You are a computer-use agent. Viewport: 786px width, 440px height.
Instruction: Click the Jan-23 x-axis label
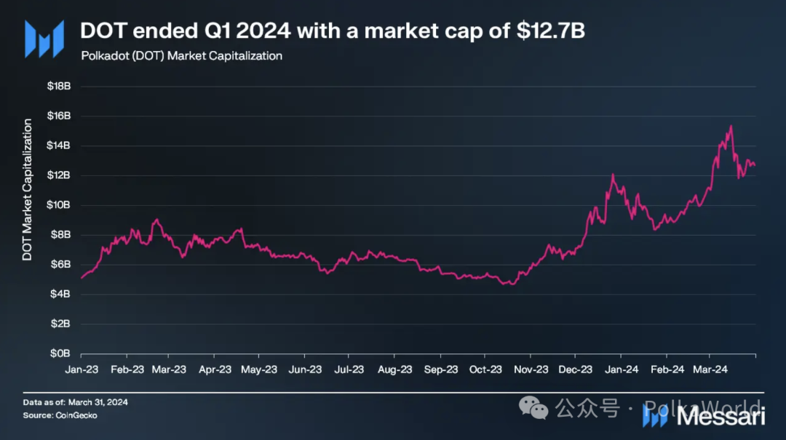pyautogui.click(x=82, y=369)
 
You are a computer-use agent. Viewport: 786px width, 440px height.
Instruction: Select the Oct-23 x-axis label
pyautogui.click(x=485, y=369)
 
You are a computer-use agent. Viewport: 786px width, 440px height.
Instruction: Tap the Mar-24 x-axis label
pyautogui.click(x=711, y=369)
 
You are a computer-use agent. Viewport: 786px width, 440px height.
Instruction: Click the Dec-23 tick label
pyautogui.click(x=575, y=369)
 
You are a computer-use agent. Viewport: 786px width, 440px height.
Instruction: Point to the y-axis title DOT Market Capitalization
pyautogui.click(x=28, y=189)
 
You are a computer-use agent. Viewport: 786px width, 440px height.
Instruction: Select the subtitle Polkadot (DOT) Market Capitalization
pyautogui.click(x=180, y=56)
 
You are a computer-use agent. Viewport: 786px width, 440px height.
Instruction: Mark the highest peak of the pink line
pyautogui.click(x=730, y=126)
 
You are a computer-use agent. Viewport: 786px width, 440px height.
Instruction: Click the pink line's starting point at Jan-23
pyautogui.click(x=82, y=278)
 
